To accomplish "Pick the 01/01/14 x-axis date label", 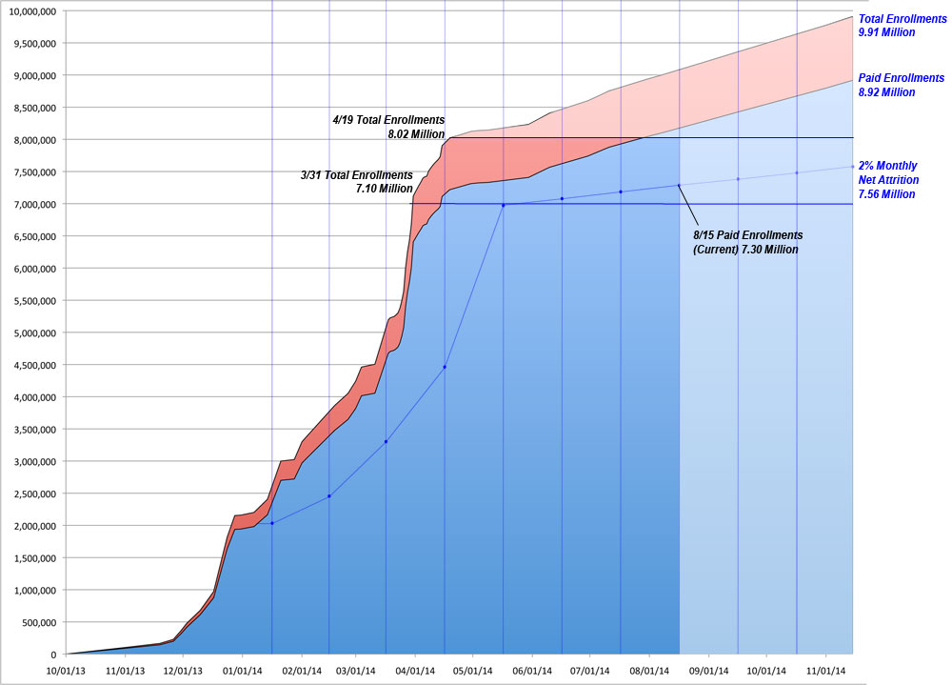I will coord(242,670).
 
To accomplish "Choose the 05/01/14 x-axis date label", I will coord(473,670).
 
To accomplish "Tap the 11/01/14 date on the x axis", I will coord(824,670).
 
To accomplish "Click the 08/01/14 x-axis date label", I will coord(649,670).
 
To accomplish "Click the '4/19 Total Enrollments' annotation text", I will coord(388,121).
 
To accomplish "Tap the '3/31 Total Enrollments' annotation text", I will coord(357,175).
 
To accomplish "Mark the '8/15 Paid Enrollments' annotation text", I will coord(747,234).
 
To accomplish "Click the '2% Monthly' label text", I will coord(887,166).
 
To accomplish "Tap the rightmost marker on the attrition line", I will coord(852,167).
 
